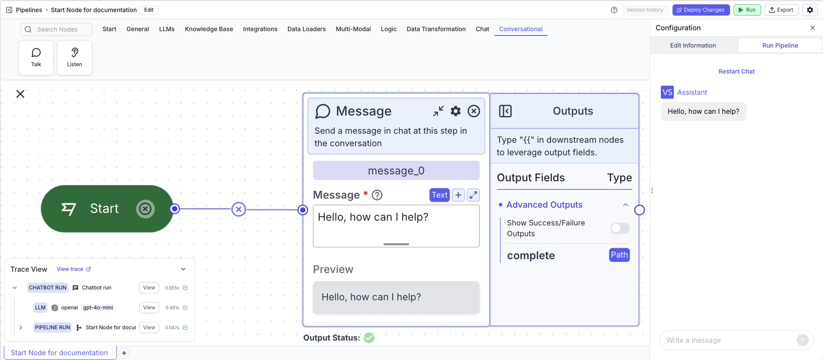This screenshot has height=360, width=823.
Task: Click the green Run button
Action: point(747,10)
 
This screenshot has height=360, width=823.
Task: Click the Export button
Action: point(781,10)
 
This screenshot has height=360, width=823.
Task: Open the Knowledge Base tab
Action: point(209,29)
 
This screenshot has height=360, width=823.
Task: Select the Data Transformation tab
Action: point(436,29)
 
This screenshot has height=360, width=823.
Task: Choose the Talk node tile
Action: point(36,58)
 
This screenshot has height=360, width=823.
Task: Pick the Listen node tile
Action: point(74,58)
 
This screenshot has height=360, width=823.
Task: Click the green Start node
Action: point(107,209)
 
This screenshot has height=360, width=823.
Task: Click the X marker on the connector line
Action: point(239,209)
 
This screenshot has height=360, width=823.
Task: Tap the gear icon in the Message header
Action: point(456,111)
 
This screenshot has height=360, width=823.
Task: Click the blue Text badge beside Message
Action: point(439,195)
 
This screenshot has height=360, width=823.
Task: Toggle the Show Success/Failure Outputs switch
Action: point(620,228)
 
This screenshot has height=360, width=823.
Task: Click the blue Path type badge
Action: point(619,255)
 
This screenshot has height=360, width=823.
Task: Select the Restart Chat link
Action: point(737,71)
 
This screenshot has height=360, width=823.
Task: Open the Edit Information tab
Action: point(693,45)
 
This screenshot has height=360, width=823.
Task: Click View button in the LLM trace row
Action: point(149,308)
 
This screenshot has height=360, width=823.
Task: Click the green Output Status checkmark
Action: point(369,337)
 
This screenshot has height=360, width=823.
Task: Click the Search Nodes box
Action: point(56,29)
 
